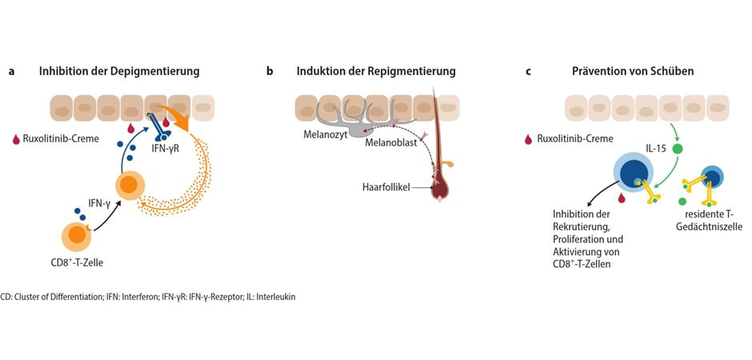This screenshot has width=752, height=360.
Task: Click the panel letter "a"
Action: tap(11, 71)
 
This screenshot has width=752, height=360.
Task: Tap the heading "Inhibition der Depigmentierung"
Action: tap(119, 71)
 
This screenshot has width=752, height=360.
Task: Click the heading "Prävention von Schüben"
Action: tap(633, 71)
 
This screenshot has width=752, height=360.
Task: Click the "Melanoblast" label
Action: tap(390, 142)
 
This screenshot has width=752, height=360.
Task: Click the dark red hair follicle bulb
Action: tap(441, 190)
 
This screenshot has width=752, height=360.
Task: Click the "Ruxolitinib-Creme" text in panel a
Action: tap(62, 138)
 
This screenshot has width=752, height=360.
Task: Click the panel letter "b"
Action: tap(270, 71)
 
